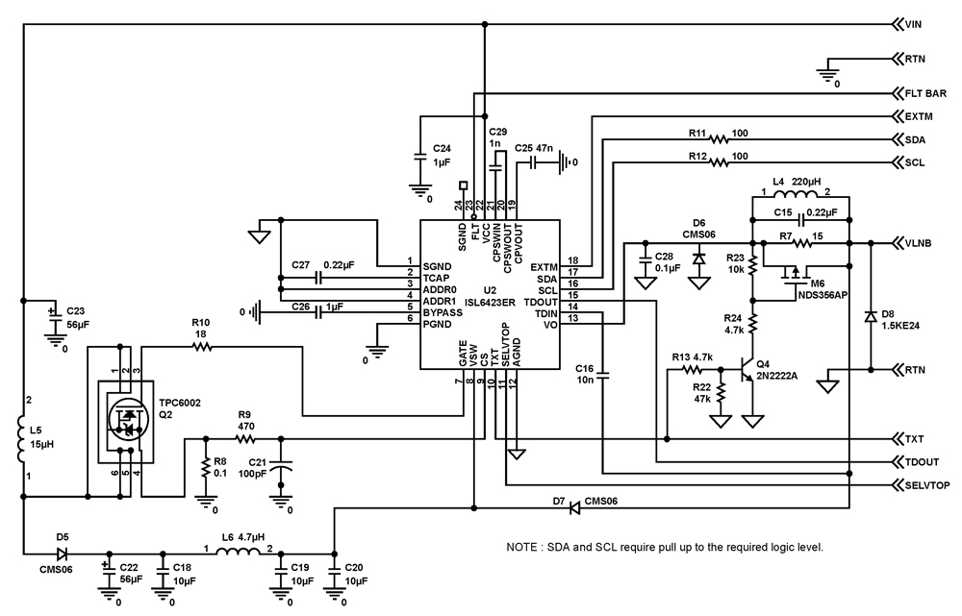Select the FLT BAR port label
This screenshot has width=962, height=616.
coord(925,93)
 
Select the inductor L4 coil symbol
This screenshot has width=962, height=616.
coord(800,199)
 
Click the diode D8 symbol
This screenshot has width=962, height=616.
coord(871,316)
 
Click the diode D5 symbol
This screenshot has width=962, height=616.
coord(63,554)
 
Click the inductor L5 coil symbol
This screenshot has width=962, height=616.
coord(23,437)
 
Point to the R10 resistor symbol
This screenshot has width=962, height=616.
coord(201,348)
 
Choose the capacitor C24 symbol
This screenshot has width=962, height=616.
coord(419,154)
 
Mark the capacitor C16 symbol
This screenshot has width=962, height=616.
coord(603,378)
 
